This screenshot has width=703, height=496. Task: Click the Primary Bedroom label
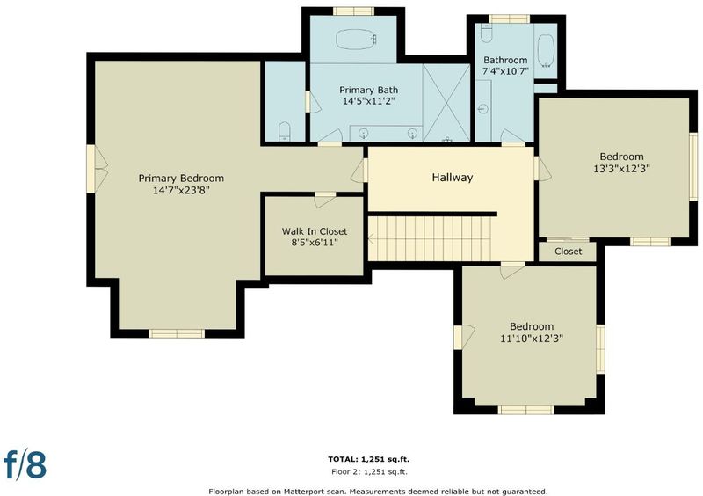[x=181, y=179]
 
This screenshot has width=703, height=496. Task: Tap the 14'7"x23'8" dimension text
[x=181, y=190]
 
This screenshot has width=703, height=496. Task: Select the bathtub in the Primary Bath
[x=356, y=40]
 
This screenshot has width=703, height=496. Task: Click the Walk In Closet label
[x=315, y=231]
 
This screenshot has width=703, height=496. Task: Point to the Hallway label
[x=452, y=178]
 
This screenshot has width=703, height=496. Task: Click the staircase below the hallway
[x=430, y=238]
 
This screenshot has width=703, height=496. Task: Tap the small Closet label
[x=568, y=252]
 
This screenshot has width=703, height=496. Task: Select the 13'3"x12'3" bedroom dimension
[x=621, y=169]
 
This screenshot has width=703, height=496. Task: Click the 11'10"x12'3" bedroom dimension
[x=532, y=339]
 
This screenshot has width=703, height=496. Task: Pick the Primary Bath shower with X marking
[x=446, y=102]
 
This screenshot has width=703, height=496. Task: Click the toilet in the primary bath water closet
[x=285, y=131]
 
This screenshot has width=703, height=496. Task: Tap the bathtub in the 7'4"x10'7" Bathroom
[x=546, y=51]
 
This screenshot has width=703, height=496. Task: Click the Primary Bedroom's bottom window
[x=177, y=333]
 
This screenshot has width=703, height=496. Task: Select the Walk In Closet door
[x=324, y=200]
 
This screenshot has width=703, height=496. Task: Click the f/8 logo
[x=25, y=464]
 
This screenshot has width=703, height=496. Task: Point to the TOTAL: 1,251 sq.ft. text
[x=368, y=459]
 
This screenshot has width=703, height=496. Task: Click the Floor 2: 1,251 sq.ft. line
[x=369, y=471]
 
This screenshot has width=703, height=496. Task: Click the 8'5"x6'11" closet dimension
[x=315, y=243]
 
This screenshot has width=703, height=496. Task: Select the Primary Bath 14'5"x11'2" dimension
[x=368, y=101]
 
